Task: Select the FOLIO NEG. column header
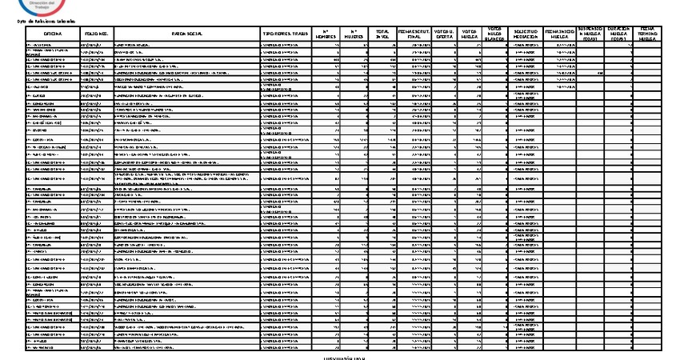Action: pos(97,34)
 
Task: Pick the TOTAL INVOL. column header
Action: pos(382,34)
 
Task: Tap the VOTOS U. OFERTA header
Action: pos(444,34)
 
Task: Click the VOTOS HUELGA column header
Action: pos(470,34)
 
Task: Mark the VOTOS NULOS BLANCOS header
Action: pos(496,34)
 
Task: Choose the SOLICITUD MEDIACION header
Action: pos(526,34)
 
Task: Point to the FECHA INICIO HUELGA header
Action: pos(560,34)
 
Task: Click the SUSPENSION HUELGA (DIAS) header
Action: pos(592,34)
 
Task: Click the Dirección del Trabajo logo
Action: pos(37,6)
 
